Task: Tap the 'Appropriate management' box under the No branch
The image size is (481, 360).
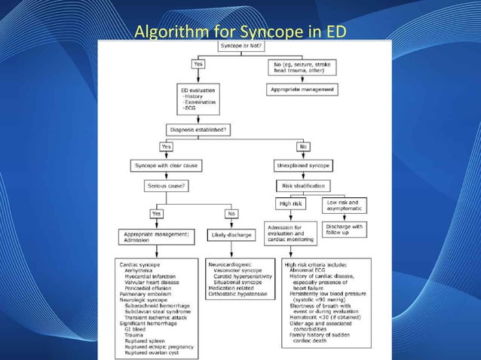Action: [304, 89]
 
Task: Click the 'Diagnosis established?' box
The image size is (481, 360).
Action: [201, 129]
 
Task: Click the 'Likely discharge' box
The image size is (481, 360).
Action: [230, 236]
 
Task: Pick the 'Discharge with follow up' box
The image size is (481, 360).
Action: [345, 230]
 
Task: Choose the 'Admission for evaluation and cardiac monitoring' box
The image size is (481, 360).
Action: [290, 234]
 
